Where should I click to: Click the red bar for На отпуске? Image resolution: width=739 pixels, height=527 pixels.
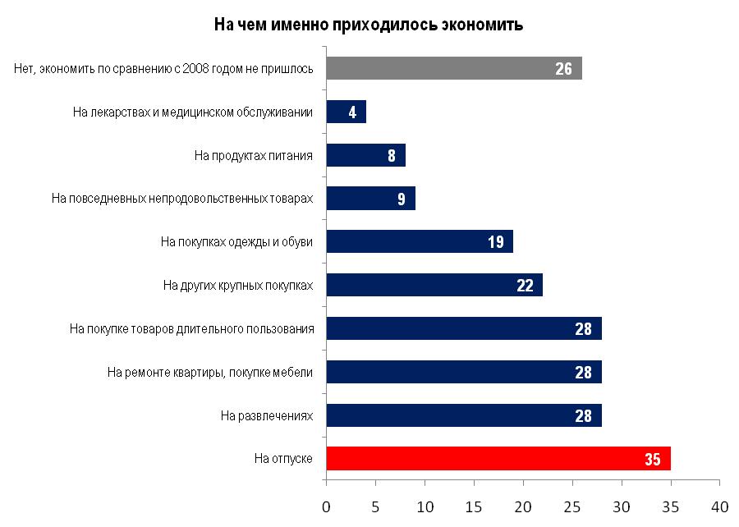point(498,458)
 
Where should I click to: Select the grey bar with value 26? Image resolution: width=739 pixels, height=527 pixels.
point(453,68)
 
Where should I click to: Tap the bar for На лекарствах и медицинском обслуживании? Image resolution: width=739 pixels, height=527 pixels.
point(346,112)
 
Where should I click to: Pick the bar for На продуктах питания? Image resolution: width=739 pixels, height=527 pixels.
point(365,155)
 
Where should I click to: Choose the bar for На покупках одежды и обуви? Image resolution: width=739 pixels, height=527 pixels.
point(419,241)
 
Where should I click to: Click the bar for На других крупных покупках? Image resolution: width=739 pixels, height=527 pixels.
point(434,285)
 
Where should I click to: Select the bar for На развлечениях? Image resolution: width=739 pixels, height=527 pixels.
point(463,415)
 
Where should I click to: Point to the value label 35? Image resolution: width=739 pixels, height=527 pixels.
point(653,459)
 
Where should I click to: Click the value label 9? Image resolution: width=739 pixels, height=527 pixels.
point(402,199)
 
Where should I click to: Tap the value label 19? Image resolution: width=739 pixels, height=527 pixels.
point(495,242)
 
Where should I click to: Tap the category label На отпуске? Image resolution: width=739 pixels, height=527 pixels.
point(283,458)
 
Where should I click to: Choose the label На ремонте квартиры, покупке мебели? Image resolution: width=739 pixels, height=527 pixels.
point(210,372)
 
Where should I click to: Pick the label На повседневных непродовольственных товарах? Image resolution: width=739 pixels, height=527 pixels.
point(182,198)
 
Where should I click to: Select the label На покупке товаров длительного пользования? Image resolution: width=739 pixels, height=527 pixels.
point(192,328)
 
